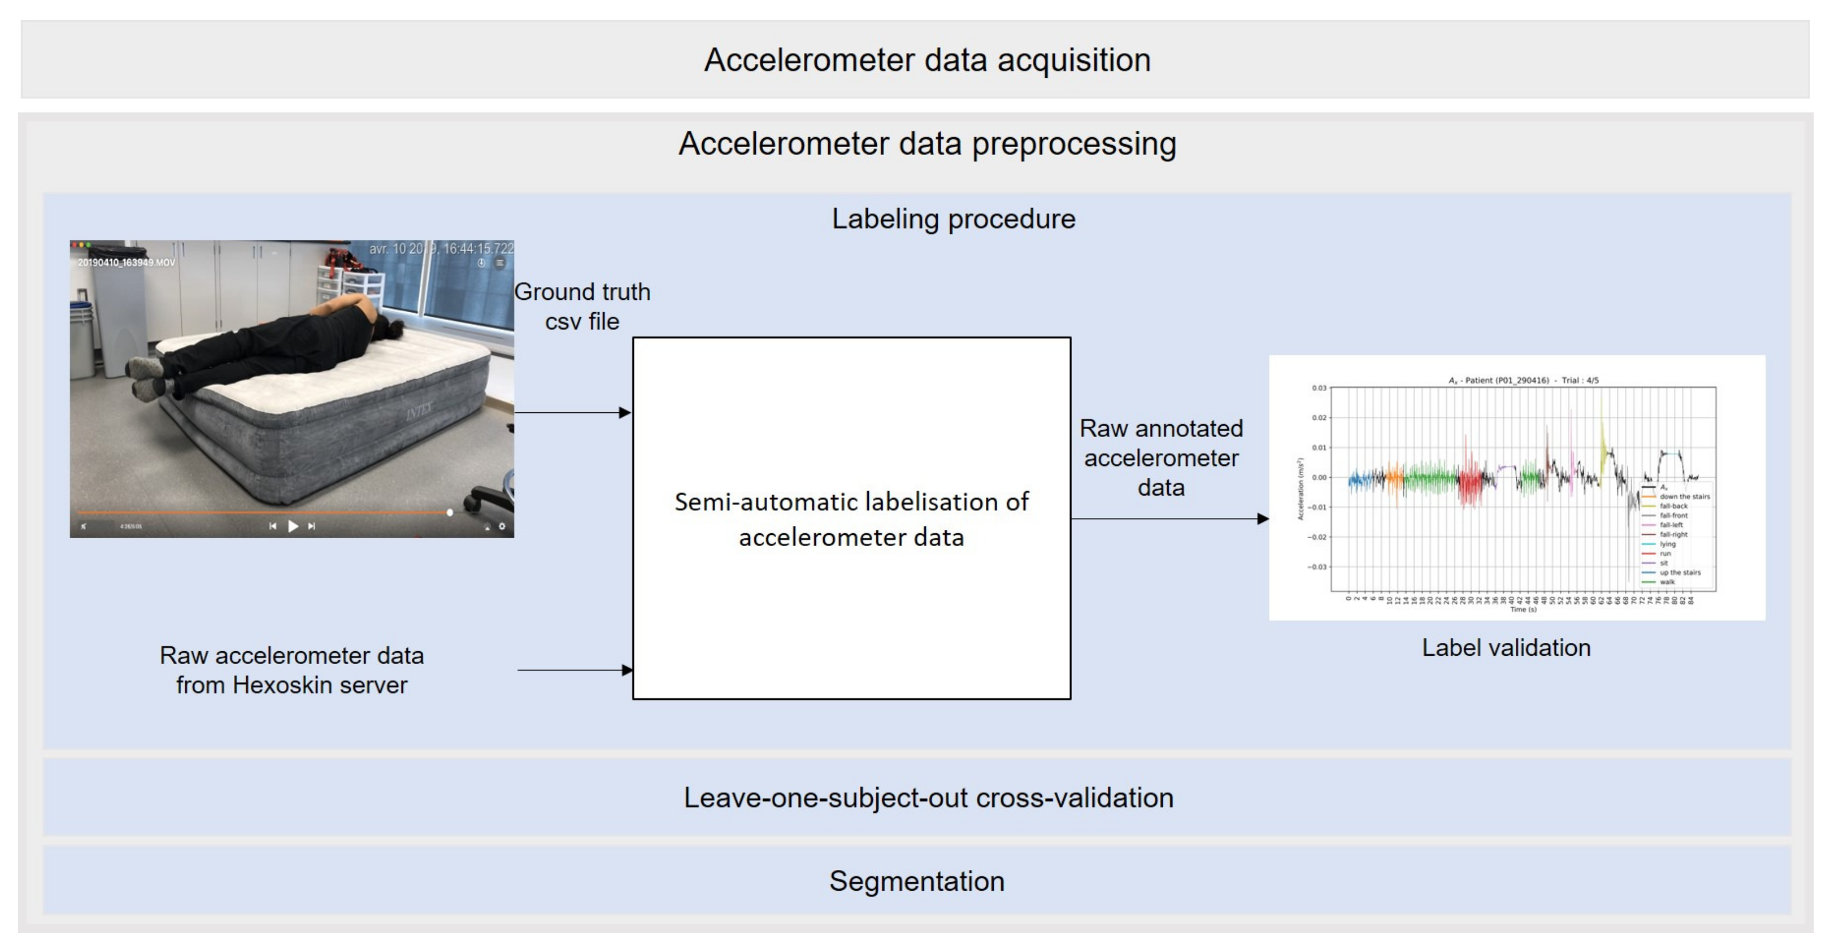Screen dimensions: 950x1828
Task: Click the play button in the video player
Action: point(293,526)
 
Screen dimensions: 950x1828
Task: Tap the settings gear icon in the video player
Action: point(502,526)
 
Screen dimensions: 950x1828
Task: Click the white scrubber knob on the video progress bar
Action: point(450,511)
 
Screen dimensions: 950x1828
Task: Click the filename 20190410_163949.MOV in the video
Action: point(126,262)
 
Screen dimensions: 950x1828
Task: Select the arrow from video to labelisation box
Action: point(572,412)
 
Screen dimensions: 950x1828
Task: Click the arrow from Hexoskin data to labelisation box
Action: point(575,670)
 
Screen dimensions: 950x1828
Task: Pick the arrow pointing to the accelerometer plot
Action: point(1169,519)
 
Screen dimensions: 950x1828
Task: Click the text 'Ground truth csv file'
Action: point(582,307)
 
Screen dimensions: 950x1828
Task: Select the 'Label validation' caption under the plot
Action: point(1506,648)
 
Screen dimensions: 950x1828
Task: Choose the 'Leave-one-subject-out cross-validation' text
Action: point(928,797)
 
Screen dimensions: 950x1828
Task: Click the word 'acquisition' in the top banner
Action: point(1074,60)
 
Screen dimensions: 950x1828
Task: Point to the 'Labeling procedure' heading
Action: point(953,219)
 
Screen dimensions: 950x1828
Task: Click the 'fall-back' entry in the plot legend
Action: point(1674,506)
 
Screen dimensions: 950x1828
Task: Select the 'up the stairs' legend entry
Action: point(1680,572)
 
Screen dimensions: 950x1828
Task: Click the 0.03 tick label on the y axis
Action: point(1318,388)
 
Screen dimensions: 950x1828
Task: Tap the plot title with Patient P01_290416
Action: point(1524,380)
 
